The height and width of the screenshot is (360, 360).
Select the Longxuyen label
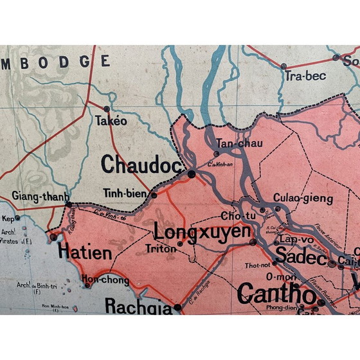(x=201, y=231)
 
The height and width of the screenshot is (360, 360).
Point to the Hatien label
(x=85, y=251)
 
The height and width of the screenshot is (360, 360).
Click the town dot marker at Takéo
(x=106, y=107)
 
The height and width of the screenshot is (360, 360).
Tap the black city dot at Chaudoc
(x=191, y=173)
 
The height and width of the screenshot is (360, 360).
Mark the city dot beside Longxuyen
(x=252, y=242)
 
